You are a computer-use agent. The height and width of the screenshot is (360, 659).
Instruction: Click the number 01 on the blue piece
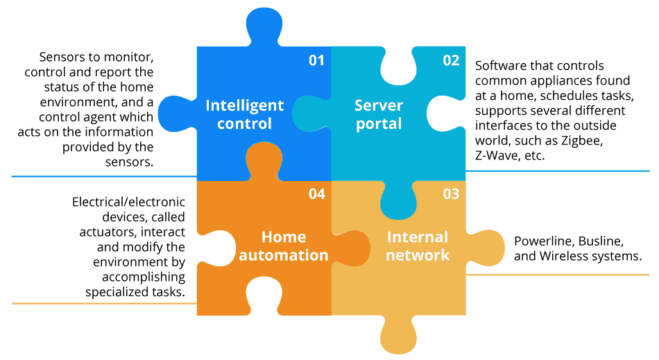(x=316, y=60)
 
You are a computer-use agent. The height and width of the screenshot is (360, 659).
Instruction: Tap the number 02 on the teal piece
(x=451, y=60)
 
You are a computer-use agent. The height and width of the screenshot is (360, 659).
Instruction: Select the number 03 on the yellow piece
(x=451, y=194)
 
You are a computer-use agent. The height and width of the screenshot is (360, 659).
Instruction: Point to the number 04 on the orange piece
(x=316, y=194)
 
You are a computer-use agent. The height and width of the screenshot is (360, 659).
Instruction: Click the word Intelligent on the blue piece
(x=245, y=106)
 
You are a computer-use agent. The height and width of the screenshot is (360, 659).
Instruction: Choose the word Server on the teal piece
(x=379, y=105)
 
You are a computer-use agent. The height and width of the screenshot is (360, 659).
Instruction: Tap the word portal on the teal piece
(x=379, y=124)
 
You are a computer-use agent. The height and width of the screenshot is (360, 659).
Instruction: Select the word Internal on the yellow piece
(x=418, y=237)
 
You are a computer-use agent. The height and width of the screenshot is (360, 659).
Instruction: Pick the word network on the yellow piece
(x=418, y=255)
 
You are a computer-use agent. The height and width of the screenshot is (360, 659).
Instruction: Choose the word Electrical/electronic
(x=129, y=203)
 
